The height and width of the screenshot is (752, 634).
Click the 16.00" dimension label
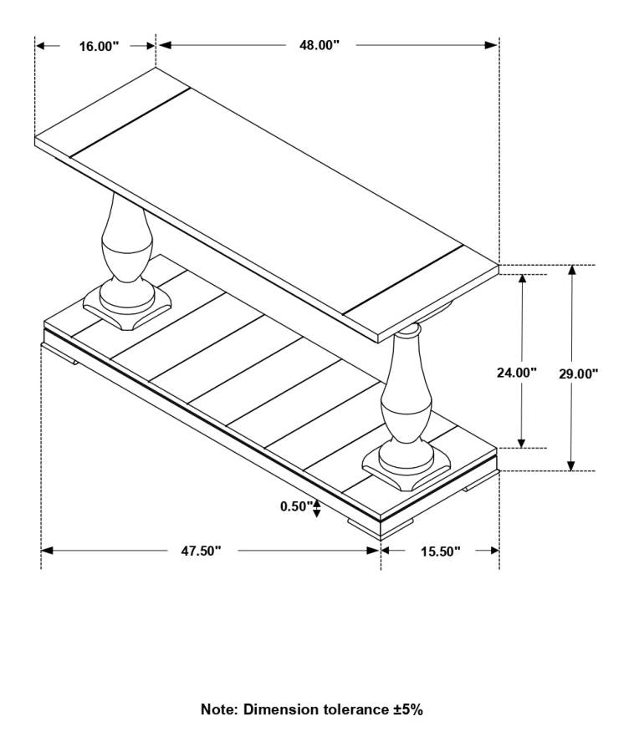click(99, 46)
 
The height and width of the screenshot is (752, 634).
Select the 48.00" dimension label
click(320, 45)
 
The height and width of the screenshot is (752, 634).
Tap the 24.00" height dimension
click(516, 373)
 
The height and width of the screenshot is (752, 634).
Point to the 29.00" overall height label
click(579, 373)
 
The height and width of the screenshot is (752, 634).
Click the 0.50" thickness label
click(296, 506)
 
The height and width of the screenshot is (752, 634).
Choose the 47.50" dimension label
click(201, 551)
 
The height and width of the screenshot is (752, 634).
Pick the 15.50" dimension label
click(441, 551)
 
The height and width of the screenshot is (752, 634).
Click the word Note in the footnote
click(218, 709)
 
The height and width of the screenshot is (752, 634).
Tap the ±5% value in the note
click(408, 709)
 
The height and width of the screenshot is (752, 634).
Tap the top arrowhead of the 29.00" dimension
click(571, 271)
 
